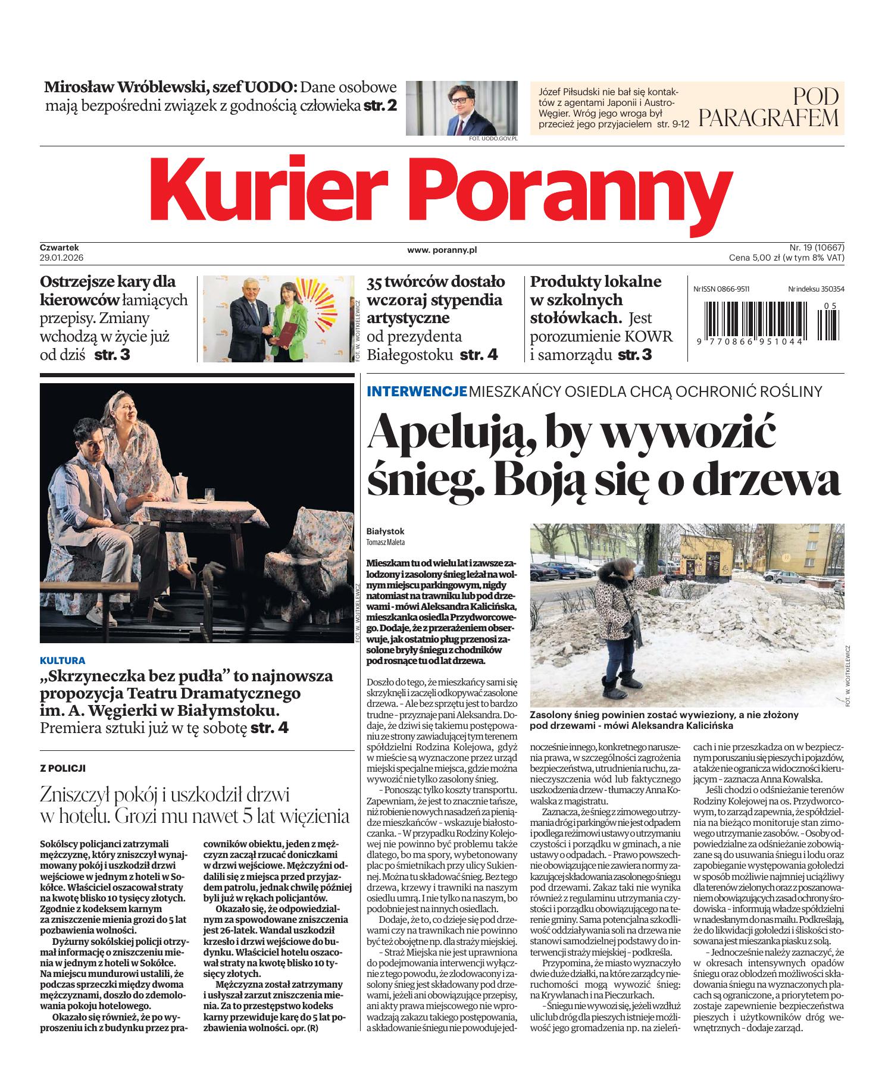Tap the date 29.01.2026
pos(60,258)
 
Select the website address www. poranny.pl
pos(442,250)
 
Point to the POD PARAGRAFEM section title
pos(768,107)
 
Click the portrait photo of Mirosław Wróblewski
pos(462,108)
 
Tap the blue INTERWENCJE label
pos(416,392)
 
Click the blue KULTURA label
pos(62,660)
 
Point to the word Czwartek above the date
pos(60,247)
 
